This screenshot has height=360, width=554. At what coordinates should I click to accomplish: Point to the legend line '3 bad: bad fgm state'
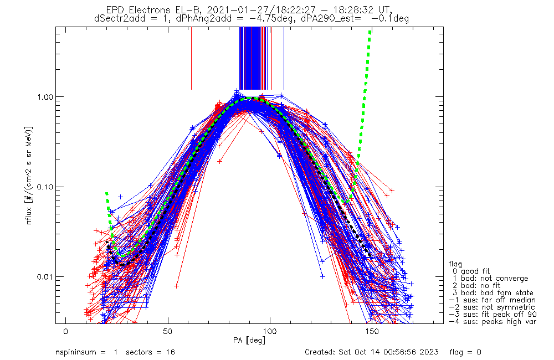(x=493, y=293)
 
